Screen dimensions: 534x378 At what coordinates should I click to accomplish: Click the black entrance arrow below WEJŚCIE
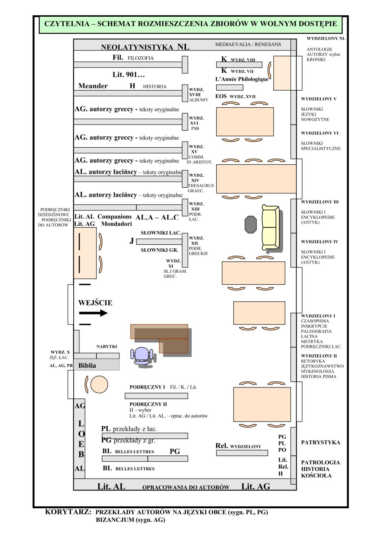click(93, 313)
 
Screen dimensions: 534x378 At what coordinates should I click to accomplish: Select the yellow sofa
click(270, 228)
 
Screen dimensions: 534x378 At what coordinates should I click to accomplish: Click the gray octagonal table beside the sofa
click(251, 225)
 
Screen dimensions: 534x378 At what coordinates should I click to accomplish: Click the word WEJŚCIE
click(95, 302)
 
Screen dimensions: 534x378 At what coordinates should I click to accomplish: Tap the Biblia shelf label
click(87, 366)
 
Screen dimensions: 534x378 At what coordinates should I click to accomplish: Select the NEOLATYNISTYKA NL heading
click(145, 47)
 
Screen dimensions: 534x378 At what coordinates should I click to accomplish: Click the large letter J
click(132, 241)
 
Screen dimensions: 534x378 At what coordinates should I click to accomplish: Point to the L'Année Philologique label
click(242, 79)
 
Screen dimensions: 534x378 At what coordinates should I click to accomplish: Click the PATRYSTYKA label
click(321, 442)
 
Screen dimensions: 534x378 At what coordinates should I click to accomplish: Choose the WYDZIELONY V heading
click(319, 99)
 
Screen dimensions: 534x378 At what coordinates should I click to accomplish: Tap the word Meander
click(93, 86)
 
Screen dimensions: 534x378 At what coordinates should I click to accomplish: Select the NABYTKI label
click(107, 346)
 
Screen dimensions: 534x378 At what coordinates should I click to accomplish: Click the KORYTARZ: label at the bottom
click(68, 512)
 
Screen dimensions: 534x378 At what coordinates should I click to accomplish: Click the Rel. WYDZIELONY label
click(238, 446)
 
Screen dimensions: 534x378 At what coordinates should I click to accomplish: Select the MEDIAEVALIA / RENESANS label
click(248, 44)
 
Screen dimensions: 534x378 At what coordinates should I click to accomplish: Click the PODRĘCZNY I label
click(147, 387)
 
